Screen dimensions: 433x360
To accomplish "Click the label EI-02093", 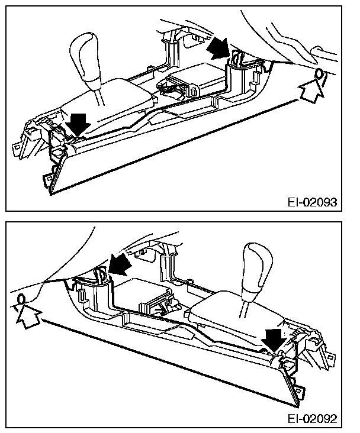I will [313, 202].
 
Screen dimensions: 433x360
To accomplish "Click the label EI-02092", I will [313, 419].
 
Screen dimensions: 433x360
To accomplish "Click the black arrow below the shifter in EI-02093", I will [79, 123].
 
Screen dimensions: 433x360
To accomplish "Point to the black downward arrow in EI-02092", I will [274, 341].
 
